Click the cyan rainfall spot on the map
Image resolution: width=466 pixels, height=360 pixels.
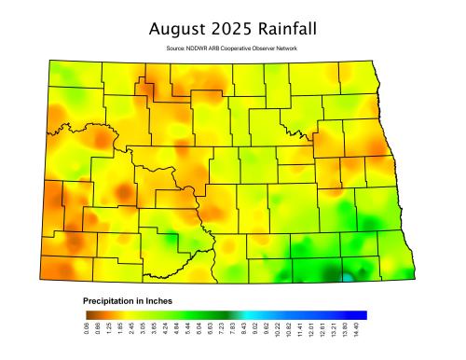[347, 277]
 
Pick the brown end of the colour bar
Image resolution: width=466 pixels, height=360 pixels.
[87, 315]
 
